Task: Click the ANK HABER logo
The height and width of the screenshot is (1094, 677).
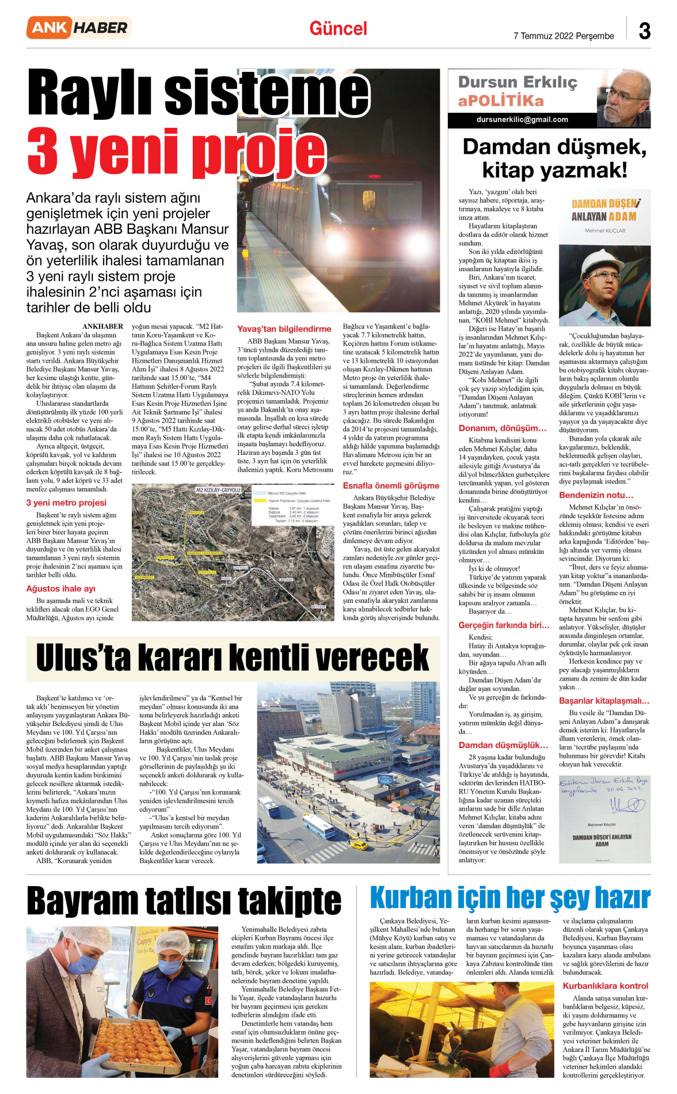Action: click(79, 28)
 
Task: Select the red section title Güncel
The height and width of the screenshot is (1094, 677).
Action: click(338, 29)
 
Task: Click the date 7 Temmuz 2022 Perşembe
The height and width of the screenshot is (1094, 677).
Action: click(564, 36)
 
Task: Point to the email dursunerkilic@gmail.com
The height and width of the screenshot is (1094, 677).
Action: click(522, 120)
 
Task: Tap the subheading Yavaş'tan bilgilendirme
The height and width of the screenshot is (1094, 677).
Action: click(284, 329)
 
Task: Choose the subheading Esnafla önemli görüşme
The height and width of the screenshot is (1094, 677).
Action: click(391, 485)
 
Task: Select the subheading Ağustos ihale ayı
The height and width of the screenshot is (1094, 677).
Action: click(61, 588)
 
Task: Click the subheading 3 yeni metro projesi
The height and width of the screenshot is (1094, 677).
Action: click(66, 502)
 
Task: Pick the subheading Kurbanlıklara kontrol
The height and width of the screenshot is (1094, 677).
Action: click(605, 985)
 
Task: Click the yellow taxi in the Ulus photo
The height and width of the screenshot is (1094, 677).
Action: click(359, 845)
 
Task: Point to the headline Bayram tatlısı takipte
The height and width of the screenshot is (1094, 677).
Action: click(184, 901)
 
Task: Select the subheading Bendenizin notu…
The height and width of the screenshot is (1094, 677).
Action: click(596, 495)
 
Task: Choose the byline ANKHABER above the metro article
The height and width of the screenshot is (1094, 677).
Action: click(102, 326)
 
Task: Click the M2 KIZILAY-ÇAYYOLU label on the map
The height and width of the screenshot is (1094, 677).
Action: click(218, 490)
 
